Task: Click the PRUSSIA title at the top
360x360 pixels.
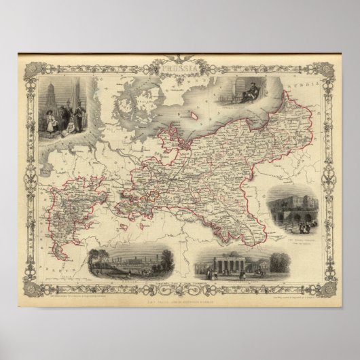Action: click(x=179, y=69)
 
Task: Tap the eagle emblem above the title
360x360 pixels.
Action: click(x=179, y=59)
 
